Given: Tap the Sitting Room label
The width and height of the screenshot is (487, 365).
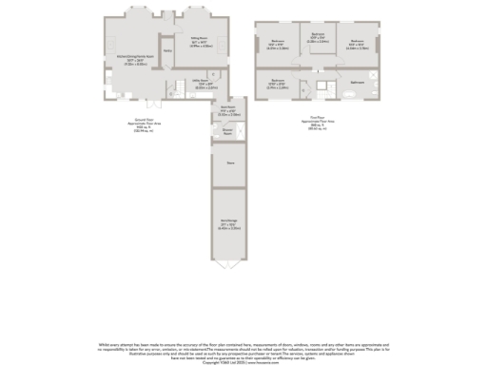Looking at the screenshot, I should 200,42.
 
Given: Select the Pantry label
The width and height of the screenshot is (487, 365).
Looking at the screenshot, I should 167,50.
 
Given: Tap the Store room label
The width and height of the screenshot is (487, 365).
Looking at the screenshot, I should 229,163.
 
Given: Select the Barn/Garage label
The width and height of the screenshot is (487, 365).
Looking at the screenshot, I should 229,225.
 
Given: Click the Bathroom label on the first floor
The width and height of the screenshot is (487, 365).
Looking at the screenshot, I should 358,83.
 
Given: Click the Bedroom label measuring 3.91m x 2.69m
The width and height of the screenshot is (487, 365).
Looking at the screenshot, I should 278,83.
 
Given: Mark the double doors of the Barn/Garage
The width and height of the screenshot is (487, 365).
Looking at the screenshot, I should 229,267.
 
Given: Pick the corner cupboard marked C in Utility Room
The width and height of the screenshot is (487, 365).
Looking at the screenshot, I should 216,75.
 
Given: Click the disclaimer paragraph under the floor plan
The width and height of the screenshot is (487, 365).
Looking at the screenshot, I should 243,349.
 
